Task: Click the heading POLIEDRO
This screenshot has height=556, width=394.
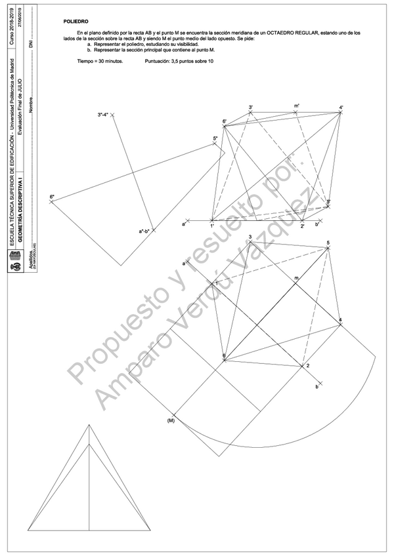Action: [x=76, y=22]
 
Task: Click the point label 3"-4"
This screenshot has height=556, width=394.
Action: [x=104, y=114]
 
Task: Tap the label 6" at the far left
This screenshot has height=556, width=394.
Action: [x=51, y=197]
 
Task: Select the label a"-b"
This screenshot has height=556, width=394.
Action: [x=144, y=231]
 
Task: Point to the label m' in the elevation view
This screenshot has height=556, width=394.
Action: [x=297, y=106]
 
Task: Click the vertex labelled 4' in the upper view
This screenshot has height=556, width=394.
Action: [x=341, y=112]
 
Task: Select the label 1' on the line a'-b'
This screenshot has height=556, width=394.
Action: [x=212, y=226]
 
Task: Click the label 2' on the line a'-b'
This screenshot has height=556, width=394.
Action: [x=302, y=226]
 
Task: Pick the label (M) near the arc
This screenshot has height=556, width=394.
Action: [x=171, y=420]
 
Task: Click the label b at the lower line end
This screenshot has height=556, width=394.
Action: [x=317, y=387]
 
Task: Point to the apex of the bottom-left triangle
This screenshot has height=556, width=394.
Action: [x=89, y=425]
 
